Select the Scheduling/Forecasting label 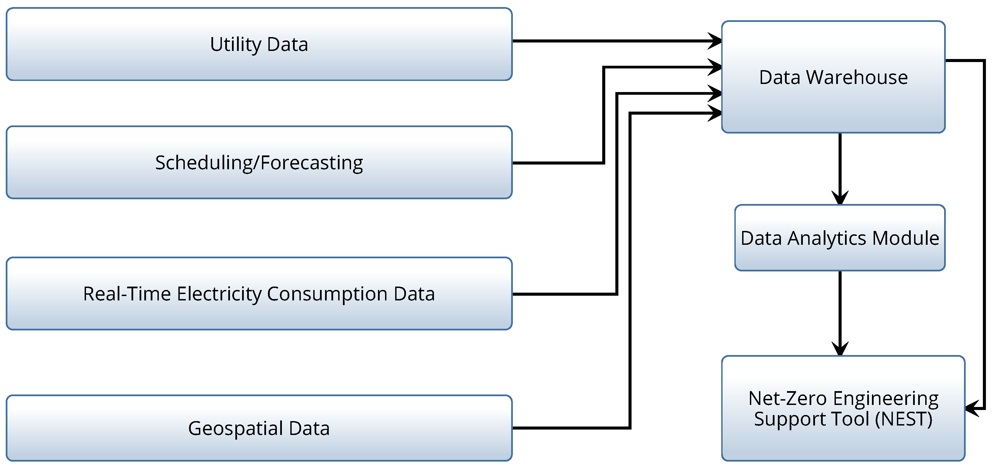point(259,163)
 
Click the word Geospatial point(236,429)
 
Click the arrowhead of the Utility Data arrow point(716,41)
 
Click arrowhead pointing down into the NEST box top point(840,349)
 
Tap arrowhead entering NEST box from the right point(973,408)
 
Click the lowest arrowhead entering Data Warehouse point(716,113)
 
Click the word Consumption point(327,294)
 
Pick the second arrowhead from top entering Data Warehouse point(716,67)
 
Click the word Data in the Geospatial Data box point(309,429)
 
